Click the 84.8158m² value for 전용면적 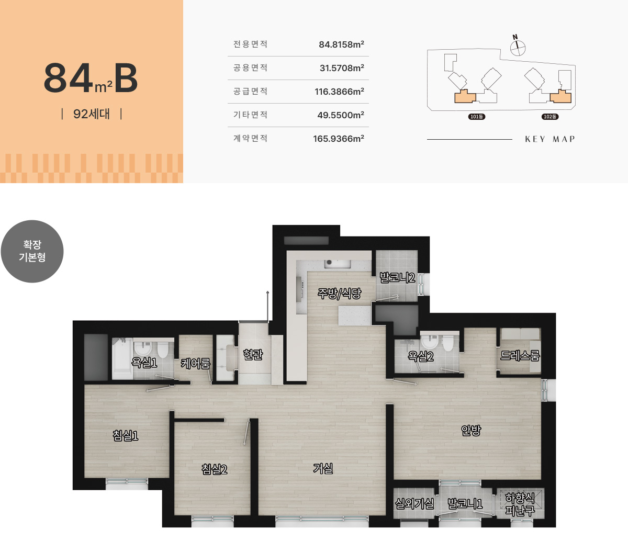tap(341, 44)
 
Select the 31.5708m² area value tap(342, 67)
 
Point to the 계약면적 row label tap(250, 138)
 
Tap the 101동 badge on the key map tap(477, 117)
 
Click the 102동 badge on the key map tap(550, 117)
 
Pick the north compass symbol tap(518, 47)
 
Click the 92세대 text tap(92, 114)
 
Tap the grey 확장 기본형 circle tap(32, 252)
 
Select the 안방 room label tap(471, 430)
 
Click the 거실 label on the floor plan tap(323, 468)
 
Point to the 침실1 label tap(126, 435)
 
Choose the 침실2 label tap(215, 469)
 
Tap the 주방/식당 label tap(339, 294)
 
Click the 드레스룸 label tap(520, 355)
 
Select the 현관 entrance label tap(253, 354)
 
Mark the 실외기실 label tap(414, 503)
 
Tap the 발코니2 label tap(397, 277)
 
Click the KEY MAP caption tap(550, 139)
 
